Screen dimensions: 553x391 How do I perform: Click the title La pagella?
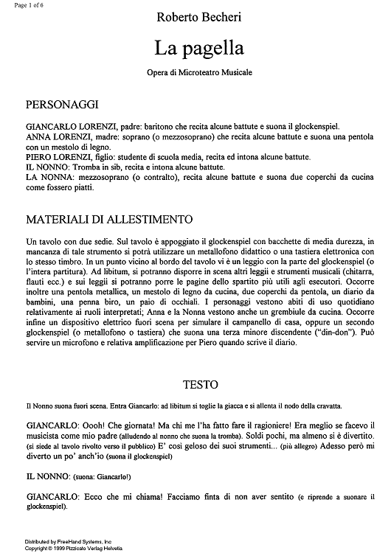[193, 49]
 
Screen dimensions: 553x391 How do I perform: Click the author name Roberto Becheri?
[194, 15]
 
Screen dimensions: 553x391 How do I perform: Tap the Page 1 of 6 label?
[20, 4]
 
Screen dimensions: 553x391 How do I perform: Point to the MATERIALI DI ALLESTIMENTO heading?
[109, 219]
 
